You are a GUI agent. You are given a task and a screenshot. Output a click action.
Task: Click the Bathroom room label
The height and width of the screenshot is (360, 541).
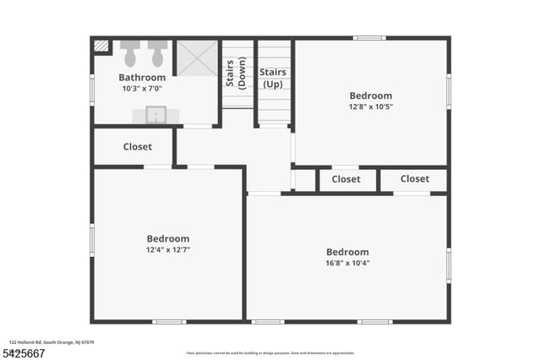click(141, 78)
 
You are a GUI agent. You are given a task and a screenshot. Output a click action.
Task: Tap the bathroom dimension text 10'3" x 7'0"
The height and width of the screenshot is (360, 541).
click(141, 89)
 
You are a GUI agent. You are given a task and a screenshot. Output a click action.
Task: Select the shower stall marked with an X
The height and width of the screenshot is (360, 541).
click(196, 57)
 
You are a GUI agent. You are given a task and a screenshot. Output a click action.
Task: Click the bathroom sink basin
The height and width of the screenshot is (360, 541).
click(156, 114)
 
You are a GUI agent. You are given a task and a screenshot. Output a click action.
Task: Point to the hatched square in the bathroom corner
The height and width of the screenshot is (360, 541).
click(101, 47)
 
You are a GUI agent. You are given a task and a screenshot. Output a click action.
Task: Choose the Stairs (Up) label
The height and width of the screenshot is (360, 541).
click(272, 78)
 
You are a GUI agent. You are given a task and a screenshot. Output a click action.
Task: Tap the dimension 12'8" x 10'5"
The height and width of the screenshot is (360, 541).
click(370, 107)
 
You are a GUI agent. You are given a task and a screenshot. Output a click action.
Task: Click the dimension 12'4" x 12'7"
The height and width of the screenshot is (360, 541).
click(167, 250)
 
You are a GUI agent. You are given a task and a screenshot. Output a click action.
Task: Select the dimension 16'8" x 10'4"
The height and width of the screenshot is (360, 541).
click(347, 263)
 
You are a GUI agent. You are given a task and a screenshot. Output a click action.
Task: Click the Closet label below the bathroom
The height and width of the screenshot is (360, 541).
click(137, 147)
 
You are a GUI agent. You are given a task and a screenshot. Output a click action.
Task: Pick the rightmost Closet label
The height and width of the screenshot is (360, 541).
click(414, 179)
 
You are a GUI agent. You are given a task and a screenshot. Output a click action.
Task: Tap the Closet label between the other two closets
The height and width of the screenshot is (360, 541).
click(346, 179)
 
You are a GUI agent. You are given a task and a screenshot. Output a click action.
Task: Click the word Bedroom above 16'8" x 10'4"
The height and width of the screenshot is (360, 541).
click(347, 252)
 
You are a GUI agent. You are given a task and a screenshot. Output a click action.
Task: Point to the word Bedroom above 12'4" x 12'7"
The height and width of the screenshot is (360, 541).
click(167, 239)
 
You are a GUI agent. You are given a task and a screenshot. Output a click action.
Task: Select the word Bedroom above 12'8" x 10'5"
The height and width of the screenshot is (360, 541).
click(370, 96)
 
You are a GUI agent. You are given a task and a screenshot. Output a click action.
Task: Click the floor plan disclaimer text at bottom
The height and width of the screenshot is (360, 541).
click(270, 353)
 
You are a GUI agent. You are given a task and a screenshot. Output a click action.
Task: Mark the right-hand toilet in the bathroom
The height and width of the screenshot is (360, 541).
click(157, 54)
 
